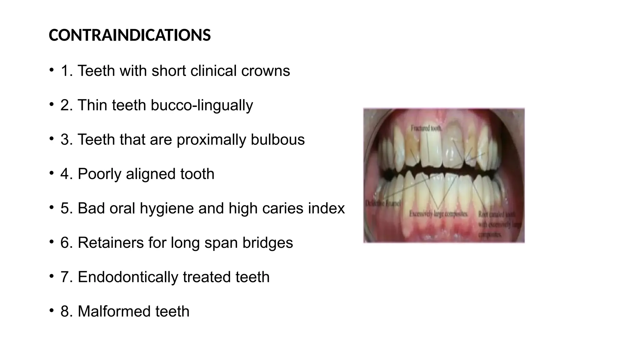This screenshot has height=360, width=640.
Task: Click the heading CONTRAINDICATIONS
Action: pyautogui.click(x=130, y=35)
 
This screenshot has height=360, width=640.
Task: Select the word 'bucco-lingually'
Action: pyautogui.click(x=202, y=105)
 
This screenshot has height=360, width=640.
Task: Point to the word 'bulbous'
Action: pyautogui.click(x=277, y=140)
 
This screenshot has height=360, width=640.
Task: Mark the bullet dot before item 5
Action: pyautogui.click(x=51, y=207)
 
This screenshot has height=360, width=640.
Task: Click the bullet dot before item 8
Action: pyautogui.click(x=51, y=310)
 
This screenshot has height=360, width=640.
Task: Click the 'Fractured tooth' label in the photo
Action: pyautogui.click(x=426, y=128)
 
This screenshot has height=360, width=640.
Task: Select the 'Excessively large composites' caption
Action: pyautogui.click(x=438, y=214)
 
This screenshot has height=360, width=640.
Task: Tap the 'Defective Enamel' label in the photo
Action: pyautogui.click(x=383, y=203)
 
